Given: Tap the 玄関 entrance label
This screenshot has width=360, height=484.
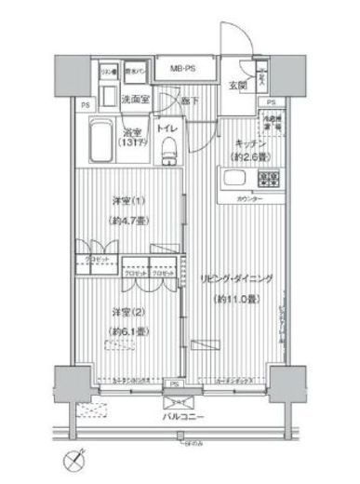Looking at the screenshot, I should tap(236, 87).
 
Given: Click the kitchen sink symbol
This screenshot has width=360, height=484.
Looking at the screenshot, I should tap(265, 178).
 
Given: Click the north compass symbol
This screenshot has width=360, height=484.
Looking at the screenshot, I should tap(74, 459).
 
